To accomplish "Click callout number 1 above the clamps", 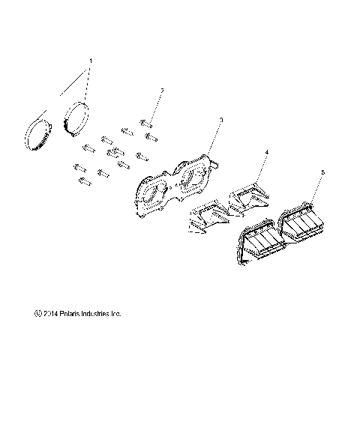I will [91, 59].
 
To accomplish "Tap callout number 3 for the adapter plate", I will [220, 120].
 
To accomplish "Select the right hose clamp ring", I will [77, 120].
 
